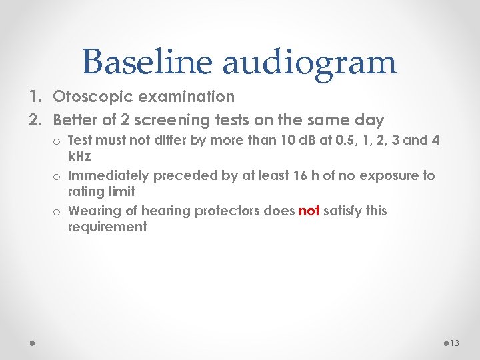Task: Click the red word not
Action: coord(309,211)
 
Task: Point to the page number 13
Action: coord(455,343)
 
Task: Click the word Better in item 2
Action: coord(75,120)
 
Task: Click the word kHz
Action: coord(80,155)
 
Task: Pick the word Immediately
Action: coord(109,176)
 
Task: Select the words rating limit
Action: coord(101,191)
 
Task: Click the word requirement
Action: coord(107,227)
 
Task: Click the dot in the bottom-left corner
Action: coord(31,343)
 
